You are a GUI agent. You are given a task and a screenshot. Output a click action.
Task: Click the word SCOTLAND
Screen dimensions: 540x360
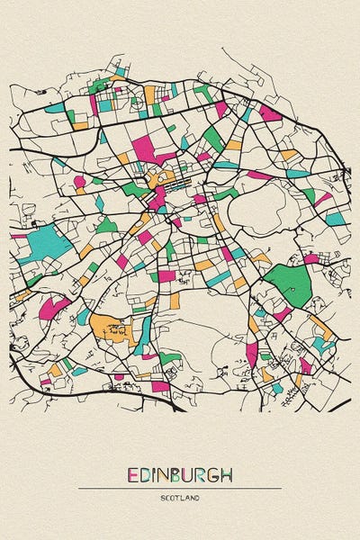(x=180, y=497)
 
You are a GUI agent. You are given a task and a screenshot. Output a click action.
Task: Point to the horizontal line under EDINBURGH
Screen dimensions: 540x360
(x=180, y=488)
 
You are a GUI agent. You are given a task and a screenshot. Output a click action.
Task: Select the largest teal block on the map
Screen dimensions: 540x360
(x=45, y=243)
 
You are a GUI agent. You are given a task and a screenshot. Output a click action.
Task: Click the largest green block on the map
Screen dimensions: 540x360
(x=287, y=283)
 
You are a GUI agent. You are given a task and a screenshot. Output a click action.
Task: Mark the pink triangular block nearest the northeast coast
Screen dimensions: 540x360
(x=268, y=113)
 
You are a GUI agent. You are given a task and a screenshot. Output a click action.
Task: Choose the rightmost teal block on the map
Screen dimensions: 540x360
(x=336, y=218)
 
